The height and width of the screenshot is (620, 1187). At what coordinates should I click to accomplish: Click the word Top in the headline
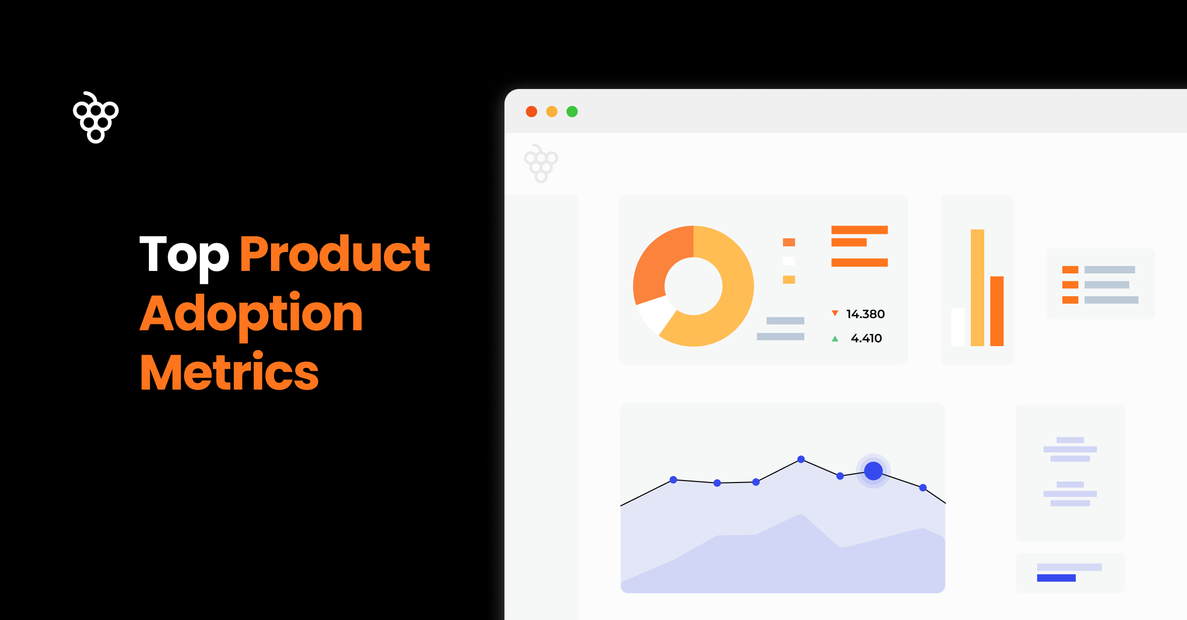coord(184,255)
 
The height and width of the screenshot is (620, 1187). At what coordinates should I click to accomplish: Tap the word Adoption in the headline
coord(251,313)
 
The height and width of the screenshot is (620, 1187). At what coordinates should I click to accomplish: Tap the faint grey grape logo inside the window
coord(541,163)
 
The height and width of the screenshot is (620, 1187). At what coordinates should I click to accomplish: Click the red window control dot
coord(532,112)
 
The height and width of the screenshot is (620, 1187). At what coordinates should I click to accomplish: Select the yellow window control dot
coord(552,112)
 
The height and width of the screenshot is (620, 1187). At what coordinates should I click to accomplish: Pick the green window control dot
coord(572,112)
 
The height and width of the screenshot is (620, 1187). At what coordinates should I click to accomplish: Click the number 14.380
coord(866,314)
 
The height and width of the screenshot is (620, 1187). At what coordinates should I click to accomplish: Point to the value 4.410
coord(866,338)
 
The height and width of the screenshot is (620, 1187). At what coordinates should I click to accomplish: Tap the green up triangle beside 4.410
coord(835,339)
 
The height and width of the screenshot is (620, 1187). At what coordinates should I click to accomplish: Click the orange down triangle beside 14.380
coord(835,313)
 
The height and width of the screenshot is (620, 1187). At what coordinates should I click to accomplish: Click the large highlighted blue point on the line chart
coord(873,471)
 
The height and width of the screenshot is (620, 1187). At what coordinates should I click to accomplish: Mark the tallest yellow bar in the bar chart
coord(977,287)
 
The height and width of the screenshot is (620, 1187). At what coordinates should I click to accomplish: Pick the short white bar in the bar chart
coord(958,327)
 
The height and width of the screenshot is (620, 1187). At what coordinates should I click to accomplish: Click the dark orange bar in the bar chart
coord(997,311)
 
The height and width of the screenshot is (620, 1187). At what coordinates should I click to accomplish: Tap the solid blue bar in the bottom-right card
coord(1056,578)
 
